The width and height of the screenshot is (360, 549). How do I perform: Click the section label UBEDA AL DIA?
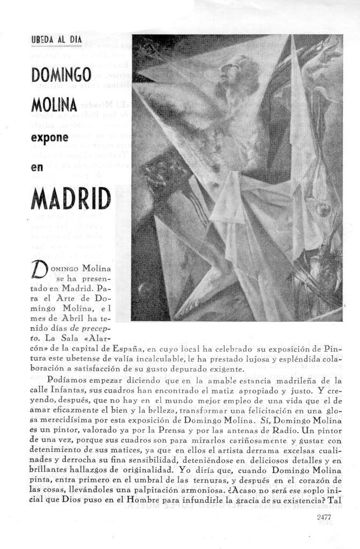56,40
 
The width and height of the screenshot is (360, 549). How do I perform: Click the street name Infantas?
61,391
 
